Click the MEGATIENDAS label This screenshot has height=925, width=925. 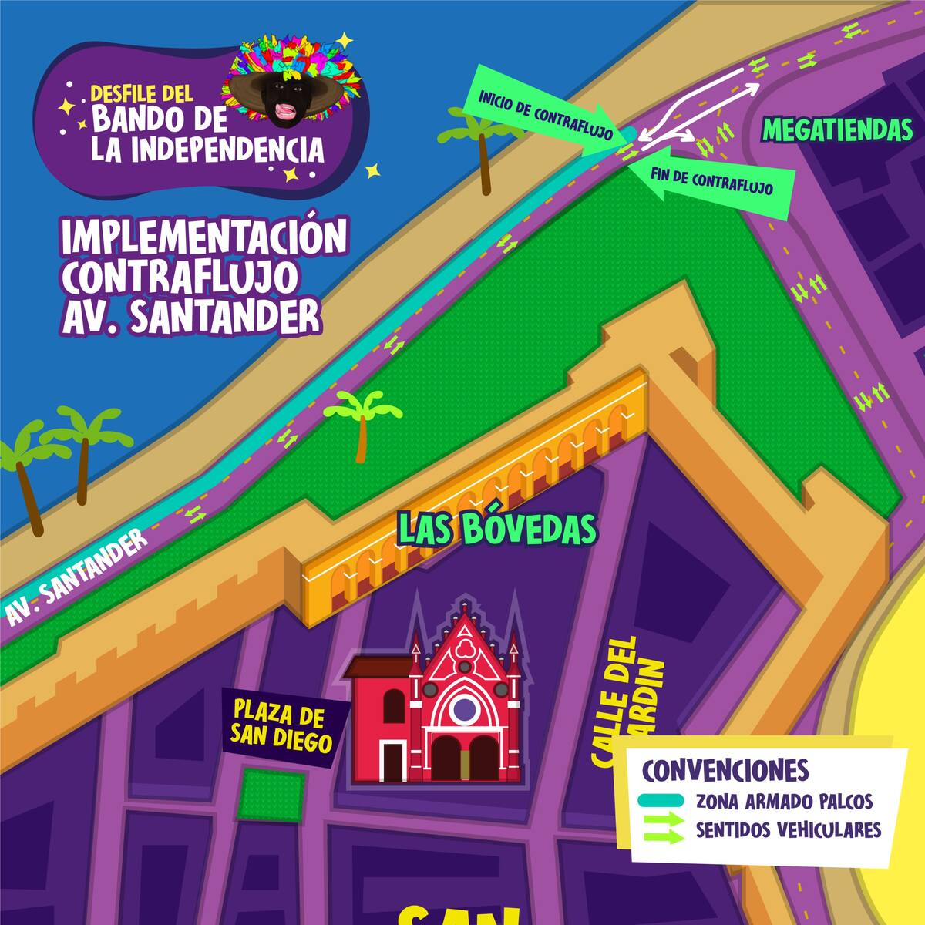(837, 130)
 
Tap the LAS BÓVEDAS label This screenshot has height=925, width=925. (496, 530)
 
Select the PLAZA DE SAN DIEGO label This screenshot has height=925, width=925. (281, 725)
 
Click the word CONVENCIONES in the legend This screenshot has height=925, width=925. (725, 769)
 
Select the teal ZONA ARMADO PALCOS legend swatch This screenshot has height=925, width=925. (661, 802)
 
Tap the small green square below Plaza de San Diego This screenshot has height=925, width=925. (270, 794)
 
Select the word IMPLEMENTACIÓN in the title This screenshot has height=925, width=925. (204, 239)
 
